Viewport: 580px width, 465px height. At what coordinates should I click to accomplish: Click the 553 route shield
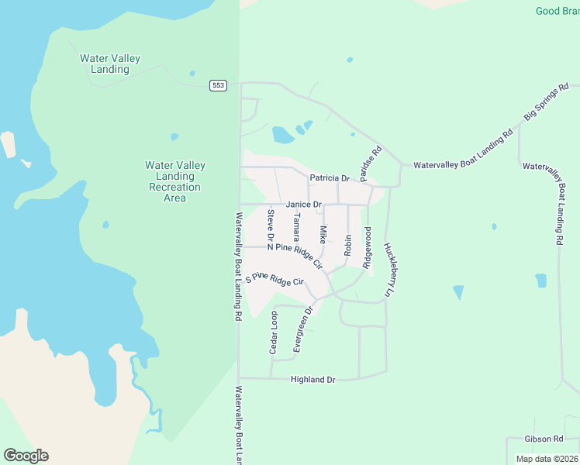click(x=218, y=85)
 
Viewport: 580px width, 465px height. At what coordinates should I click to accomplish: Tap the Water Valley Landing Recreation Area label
click(x=175, y=181)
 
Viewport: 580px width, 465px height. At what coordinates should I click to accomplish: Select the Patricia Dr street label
click(x=330, y=178)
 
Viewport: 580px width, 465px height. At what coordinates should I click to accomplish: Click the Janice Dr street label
click(x=303, y=205)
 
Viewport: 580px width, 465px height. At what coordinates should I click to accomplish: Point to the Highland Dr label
click(x=312, y=380)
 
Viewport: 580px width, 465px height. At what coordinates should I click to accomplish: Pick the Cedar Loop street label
click(x=273, y=333)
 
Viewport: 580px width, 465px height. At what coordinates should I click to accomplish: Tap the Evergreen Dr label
click(x=302, y=329)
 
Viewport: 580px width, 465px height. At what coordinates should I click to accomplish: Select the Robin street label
click(x=348, y=245)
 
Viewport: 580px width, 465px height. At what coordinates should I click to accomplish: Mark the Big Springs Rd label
click(x=547, y=102)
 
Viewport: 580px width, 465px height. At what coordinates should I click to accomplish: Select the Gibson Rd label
click(x=543, y=439)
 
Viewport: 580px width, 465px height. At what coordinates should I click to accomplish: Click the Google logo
click(x=26, y=456)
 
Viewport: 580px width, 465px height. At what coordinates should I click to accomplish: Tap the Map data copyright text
click(x=547, y=459)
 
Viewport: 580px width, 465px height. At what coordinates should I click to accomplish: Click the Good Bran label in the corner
click(x=558, y=11)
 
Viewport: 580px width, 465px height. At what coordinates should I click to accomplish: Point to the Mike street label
click(x=323, y=233)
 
